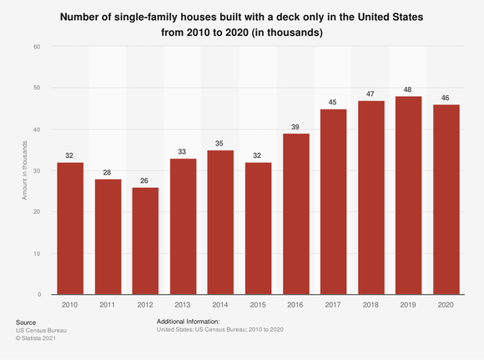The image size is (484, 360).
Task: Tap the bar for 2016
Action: tap(295, 214)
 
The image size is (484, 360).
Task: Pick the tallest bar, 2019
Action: tap(408, 195)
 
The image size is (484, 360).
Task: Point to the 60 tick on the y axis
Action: tap(38, 47)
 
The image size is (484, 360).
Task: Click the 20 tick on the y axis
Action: tap(38, 212)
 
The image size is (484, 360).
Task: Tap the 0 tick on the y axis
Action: tap(39, 295)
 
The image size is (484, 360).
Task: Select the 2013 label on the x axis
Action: tap(181, 306)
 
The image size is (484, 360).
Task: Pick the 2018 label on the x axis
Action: tap(371, 306)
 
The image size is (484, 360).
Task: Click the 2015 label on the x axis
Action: tap(257, 306)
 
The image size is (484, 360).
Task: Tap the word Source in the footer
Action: tap(26, 322)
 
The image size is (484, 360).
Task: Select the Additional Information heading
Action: tap(188, 322)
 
